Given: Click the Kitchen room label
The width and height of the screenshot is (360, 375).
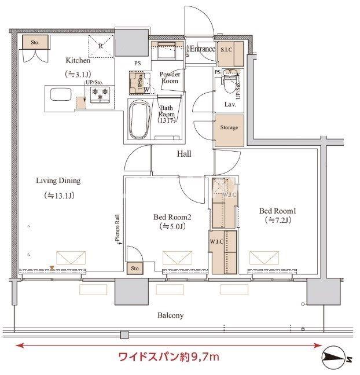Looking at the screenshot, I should coord(78,60).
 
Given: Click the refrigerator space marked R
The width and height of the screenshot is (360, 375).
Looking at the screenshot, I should coord(100,46).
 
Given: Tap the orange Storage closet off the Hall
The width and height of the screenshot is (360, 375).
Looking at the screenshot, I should coord(228,127).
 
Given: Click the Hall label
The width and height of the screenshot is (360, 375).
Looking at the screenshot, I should coord(184,155).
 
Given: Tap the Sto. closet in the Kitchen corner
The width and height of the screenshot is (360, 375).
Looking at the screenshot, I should coord(34,42).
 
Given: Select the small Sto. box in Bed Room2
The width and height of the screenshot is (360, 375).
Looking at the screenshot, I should coord(135,269).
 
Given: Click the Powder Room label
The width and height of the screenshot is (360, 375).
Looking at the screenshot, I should coord(170,78).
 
